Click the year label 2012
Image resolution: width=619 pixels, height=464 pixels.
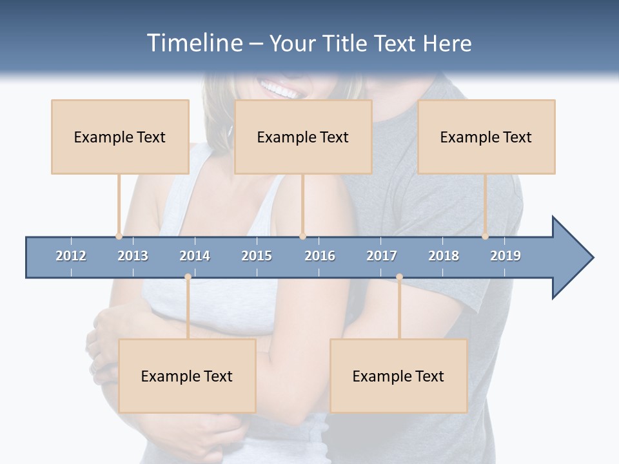click(x=71, y=256)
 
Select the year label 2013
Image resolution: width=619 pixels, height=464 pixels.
click(x=133, y=256)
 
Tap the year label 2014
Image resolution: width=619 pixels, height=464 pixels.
click(x=195, y=256)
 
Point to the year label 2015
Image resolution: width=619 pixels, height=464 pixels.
click(x=257, y=256)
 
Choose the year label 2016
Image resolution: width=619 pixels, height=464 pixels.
click(x=320, y=256)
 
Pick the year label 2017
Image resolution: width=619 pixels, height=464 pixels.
click(x=382, y=256)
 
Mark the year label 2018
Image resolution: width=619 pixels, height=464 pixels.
click(x=444, y=256)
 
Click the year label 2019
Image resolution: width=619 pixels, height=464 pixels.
click(x=506, y=256)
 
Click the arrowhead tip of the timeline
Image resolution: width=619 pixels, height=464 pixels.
click(x=592, y=258)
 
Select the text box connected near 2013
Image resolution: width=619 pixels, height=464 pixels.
click(x=120, y=137)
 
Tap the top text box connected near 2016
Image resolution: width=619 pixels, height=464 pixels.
click(x=303, y=137)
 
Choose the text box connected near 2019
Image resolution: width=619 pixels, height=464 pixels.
click(x=486, y=137)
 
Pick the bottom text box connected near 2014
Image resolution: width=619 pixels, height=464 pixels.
click(x=187, y=376)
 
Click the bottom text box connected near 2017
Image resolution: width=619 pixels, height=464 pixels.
click(x=398, y=376)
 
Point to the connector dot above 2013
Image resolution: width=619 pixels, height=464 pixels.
click(x=119, y=236)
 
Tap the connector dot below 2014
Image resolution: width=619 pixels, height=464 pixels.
click(x=188, y=277)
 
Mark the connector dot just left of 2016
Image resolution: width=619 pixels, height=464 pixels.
click(x=302, y=236)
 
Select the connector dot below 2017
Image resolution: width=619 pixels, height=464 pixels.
click(x=399, y=277)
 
